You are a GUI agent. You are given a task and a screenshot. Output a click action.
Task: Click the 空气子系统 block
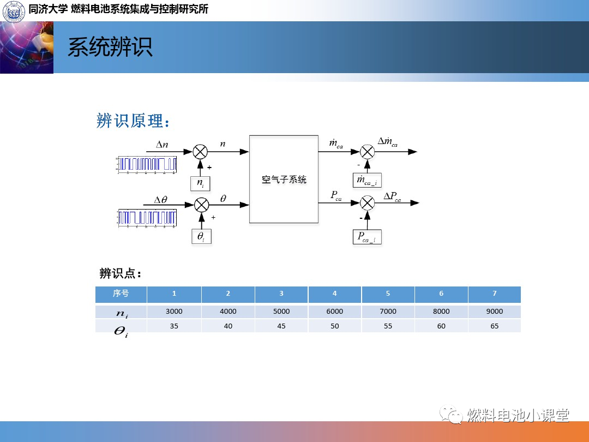click(284, 179)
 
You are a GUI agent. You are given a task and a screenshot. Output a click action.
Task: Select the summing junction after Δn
click(201, 152)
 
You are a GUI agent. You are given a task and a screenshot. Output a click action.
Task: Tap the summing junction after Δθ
click(202, 205)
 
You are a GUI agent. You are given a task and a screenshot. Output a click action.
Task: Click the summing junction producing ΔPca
click(368, 203)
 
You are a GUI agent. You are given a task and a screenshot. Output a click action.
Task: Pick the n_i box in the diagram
click(200, 184)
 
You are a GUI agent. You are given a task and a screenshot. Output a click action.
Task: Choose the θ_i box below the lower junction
click(201, 236)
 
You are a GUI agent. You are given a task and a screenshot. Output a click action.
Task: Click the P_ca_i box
click(366, 237)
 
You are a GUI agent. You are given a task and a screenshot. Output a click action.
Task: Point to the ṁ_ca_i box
click(367, 180)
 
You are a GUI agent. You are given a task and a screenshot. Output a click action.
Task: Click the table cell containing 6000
click(334, 312)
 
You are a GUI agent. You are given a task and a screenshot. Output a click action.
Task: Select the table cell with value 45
click(281, 326)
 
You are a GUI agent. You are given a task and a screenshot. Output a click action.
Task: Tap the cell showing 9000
click(494, 312)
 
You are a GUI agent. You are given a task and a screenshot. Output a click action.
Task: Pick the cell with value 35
click(174, 326)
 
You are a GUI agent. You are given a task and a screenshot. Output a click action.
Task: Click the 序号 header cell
click(121, 294)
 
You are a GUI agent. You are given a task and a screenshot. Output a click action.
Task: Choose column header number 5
click(388, 294)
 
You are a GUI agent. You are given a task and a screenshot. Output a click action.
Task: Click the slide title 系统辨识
click(110, 47)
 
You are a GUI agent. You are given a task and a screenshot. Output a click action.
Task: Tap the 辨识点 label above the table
click(120, 273)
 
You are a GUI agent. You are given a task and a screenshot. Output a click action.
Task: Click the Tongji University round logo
click(13, 11)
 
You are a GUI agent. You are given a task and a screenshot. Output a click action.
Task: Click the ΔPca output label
click(392, 197)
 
